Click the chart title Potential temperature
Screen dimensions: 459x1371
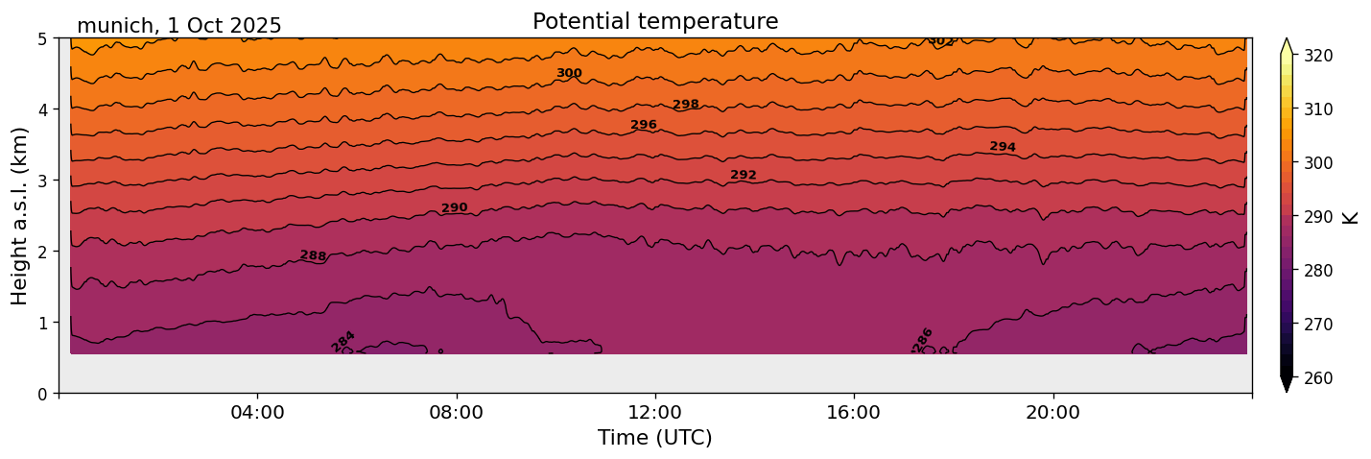point(655,21)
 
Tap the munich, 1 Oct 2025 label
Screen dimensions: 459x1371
point(179,26)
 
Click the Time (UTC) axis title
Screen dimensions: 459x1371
point(655,439)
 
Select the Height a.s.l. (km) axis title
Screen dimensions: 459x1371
point(20,216)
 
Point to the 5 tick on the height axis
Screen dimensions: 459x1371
point(43,38)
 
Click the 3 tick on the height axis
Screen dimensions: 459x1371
point(43,181)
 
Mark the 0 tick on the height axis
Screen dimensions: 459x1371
point(43,394)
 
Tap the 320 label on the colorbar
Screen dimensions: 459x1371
point(1317,56)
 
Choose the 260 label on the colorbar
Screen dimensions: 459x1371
point(1317,378)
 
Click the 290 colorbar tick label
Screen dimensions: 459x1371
point(1317,217)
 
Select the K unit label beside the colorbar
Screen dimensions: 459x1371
point(1351,217)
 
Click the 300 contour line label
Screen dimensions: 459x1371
point(569,73)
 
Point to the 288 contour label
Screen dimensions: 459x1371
point(313,255)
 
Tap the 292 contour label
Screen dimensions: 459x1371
point(744,175)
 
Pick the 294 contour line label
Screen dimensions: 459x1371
point(1003,147)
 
